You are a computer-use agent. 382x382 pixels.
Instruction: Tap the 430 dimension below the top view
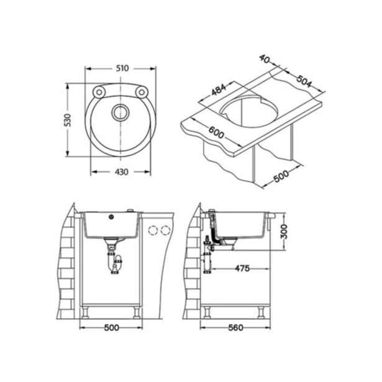pyautogui.click(x=121, y=172)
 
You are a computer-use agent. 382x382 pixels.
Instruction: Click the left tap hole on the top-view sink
pyautogui.click(x=98, y=92)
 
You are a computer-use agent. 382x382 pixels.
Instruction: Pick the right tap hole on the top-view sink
pyautogui.click(x=142, y=92)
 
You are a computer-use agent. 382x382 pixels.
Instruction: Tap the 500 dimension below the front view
pyautogui.click(x=111, y=327)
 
